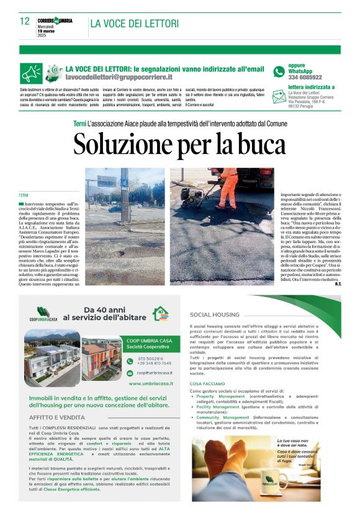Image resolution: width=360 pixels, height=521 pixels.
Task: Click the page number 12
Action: click(x=24, y=22)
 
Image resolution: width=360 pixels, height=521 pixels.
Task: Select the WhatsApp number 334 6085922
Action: click(x=305, y=77)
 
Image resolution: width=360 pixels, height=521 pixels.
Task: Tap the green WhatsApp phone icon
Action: click(x=278, y=71)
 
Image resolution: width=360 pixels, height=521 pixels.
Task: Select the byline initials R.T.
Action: click(x=337, y=284)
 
